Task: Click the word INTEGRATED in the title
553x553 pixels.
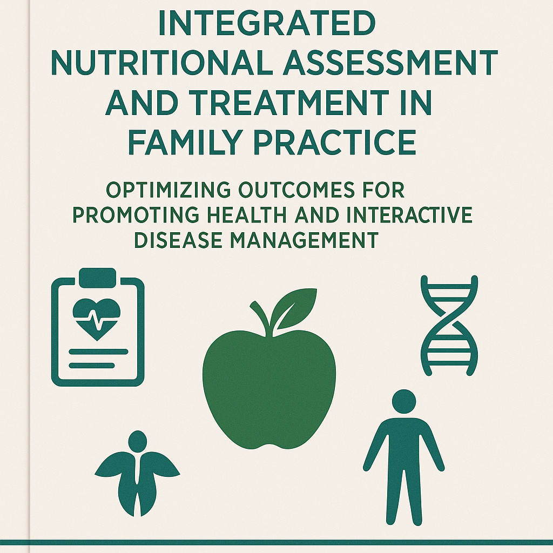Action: pyautogui.click(x=267, y=23)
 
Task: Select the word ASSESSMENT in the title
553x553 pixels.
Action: pyautogui.click(x=386, y=63)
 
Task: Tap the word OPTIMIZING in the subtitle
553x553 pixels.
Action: pyautogui.click(x=168, y=191)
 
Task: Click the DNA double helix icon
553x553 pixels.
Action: pyautogui.click(x=449, y=326)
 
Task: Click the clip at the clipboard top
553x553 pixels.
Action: pyautogui.click(x=98, y=278)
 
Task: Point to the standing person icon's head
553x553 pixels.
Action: pyautogui.click(x=404, y=401)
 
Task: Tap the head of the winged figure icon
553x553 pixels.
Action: pyautogui.click(x=138, y=441)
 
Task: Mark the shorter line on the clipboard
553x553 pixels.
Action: pyautogui.click(x=92, y=366)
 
